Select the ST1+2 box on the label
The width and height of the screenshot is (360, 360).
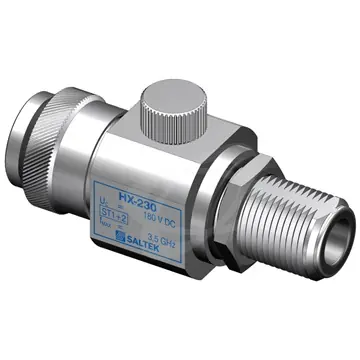click(x=128, y=211)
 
